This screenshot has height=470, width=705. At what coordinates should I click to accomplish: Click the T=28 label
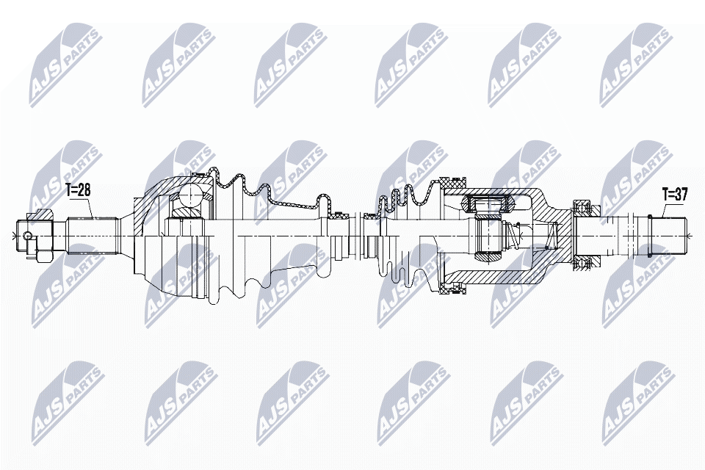pos(78,190)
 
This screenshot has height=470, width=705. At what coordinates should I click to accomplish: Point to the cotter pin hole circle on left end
pos(27,236)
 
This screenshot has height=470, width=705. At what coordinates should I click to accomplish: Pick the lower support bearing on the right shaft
pos(585,263)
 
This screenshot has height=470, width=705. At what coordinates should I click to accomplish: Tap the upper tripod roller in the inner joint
pos(486,203)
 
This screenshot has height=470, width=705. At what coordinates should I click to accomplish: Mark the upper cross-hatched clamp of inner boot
pos(450,181)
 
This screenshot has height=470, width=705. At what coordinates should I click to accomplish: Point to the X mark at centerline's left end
pos(14,235)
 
